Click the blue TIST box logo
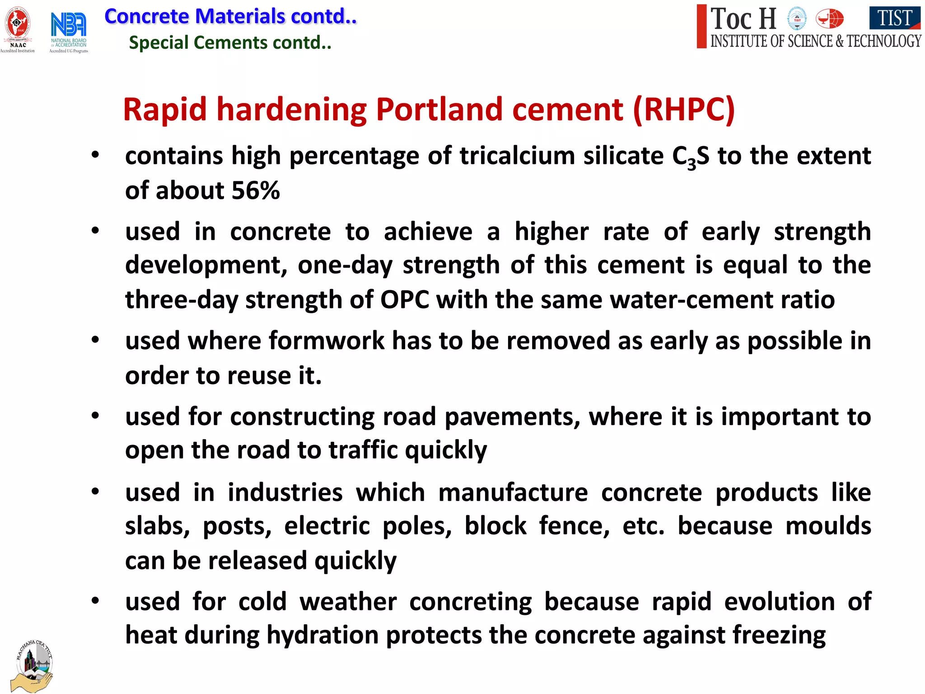tap(894, 18)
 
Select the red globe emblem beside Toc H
tap(829, 19)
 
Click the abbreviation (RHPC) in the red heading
tap(684, 110)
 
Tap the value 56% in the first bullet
tap(256, 191)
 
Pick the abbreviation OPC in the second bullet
tap(404, 300)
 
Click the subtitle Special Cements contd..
tap(230, 43)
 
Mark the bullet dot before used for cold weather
tap(95, 601)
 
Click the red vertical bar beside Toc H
tap(701, 26)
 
